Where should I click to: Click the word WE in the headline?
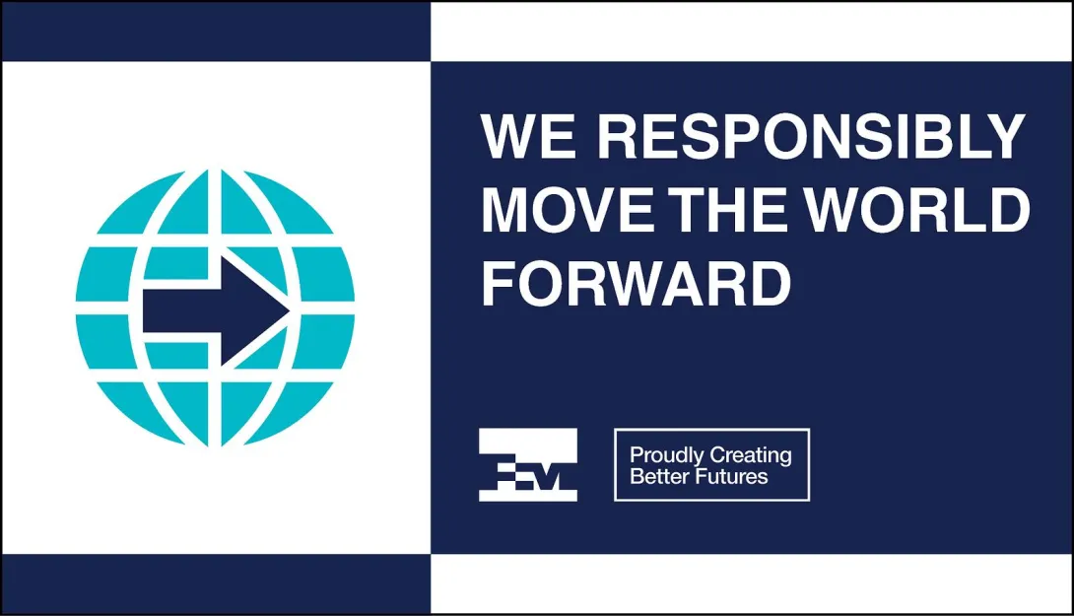528,136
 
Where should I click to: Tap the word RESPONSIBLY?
811,136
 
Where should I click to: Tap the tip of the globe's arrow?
289,310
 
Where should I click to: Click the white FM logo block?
528,464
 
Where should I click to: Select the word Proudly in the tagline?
667,455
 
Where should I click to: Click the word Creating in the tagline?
751,455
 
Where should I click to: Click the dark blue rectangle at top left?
217,32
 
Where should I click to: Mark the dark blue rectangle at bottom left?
217,583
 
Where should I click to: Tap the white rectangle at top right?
752,32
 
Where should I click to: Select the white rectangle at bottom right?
752,583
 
